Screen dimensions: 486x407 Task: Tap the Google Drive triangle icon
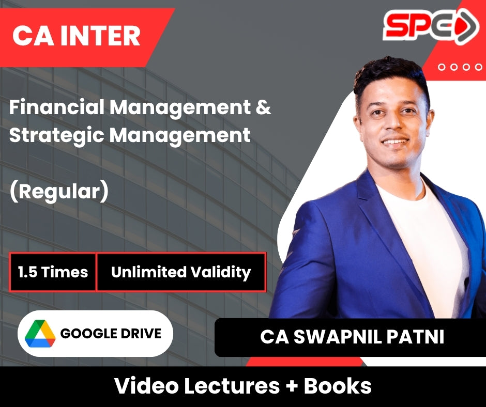40,334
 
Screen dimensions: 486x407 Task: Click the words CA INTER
76,36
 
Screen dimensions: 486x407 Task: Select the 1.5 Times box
53,272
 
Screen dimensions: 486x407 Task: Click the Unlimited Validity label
181,272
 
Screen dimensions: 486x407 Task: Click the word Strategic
56,135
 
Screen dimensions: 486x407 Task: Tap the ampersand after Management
264,107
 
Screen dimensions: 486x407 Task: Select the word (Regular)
59,192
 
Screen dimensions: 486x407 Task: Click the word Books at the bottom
338,386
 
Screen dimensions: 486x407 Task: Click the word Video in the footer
146,386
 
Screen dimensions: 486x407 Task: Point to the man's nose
393,122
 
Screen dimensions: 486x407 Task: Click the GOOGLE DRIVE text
111,334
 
